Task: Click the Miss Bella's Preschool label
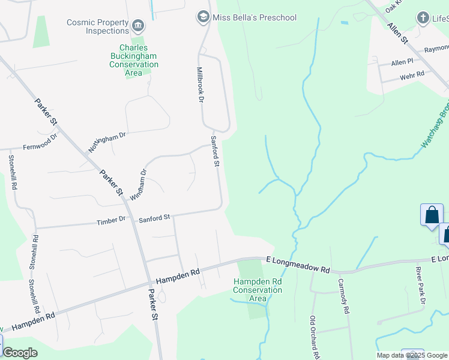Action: [254, 17]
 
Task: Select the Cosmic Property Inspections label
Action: [98, 26]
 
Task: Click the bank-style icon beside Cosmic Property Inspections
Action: [139, 25]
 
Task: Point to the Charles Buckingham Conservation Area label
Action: [134, 60]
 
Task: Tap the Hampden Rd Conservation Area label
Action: [258, 290]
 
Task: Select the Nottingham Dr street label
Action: [107, 142]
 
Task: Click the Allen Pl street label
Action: [402, 62]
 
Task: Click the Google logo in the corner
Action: [20, 353]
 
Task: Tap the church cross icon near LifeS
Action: [423, 17]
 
